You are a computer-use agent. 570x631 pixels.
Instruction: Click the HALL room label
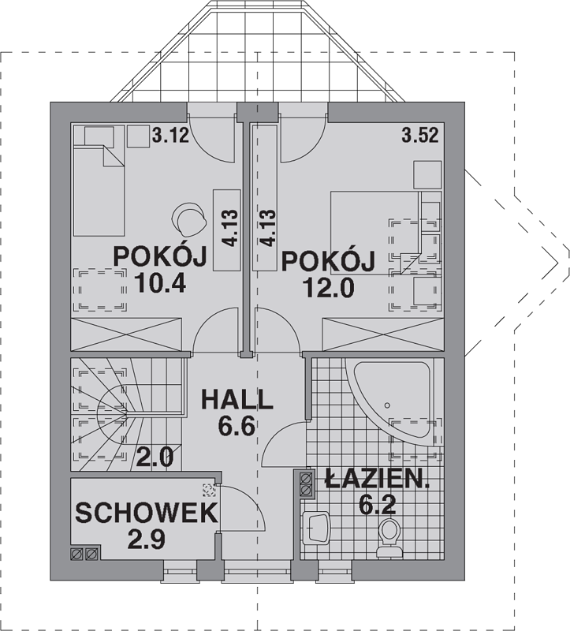pyautogui.click(x=237, y=400)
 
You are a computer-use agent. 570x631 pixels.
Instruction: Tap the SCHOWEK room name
pyautogui.click(x=147, y=513)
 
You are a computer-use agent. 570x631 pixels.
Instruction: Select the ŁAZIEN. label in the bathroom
pyautogui.click(x=378, y=479)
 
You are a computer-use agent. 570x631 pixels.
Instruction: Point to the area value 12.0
pyautogui.click(x=329, y=287)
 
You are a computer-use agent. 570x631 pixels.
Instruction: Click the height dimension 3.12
pyautogui.click(x=170, y=136)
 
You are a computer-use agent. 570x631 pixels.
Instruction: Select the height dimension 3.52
pyautogui.click(x=420, y=136)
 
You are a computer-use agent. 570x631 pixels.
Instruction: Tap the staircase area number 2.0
pyautogui.click(x=155, y=457)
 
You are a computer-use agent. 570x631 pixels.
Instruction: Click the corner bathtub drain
pyautogui.click(x=387, y=405)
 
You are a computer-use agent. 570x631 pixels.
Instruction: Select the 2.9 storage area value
pyautogui.click(x=146, y=540)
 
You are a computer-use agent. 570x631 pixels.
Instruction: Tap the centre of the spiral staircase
pyautogui.click(x=127, y=413)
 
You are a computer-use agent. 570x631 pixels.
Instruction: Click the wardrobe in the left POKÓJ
pyautogui.click(x=126, y=334)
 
